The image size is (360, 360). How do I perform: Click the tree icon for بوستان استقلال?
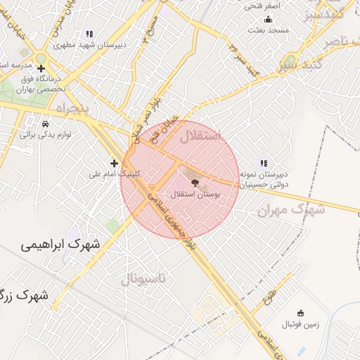tap(195, 182)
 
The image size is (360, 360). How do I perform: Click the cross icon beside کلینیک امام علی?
tap(114, 163)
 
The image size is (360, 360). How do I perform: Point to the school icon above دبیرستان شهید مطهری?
tap(89, 34)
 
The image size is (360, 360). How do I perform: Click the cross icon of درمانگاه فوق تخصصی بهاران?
tap(41, 70)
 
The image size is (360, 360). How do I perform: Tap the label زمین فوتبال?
tap(300, 324)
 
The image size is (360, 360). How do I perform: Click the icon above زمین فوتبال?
tap(301, 313)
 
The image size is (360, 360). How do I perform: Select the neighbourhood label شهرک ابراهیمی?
tap(60, 245)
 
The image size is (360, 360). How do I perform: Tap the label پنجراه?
tap(73, 109)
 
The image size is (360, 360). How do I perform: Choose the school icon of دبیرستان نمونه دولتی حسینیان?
tap(264, 163)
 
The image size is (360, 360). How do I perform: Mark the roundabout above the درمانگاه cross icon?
tap(40, 58)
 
